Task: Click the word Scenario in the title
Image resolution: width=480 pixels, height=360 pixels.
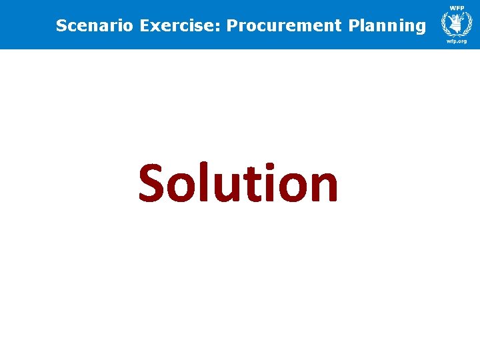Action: (x=95, y=26)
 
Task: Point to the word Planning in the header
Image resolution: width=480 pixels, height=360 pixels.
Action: (x=387, y=27)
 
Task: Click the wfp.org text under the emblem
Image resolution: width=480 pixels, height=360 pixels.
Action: (x=457, y=41)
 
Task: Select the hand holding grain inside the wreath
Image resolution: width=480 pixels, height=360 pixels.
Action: (x=457, y=25)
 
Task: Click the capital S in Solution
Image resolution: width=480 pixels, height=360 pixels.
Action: (x=154, y=183)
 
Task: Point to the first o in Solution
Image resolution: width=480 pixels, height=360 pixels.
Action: (x=183, y=188)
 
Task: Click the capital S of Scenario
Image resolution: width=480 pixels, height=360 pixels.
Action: (x=61, y=26)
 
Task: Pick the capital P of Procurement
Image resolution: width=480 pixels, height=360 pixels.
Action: (x=231, y=26)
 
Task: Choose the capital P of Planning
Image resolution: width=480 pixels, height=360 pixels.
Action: (x=353, y=26)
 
